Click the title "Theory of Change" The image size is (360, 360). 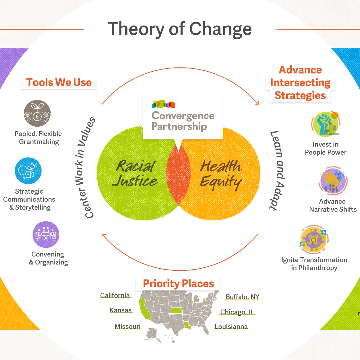pos(180,29)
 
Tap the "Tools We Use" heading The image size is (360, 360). pos(59,82)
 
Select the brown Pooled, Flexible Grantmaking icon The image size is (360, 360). pos(37,113)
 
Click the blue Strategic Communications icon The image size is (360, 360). pos(28,171)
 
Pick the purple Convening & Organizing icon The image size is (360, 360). pos(46,235)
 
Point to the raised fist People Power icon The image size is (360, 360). pos(326,124)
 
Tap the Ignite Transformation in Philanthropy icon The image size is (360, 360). pos(314,239)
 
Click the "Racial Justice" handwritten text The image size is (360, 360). pos(135,173)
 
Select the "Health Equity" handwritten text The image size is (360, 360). pos(221,174)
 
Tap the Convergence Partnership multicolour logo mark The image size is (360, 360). pos(163,104)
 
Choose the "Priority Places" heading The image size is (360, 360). pos(178,283)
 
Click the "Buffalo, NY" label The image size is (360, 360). pos(242,297)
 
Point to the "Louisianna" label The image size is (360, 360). pos(231,327)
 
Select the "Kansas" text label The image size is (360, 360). pos(121,310)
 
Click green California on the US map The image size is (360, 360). pos(145,309)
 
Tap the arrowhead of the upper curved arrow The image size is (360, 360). pos(257,103)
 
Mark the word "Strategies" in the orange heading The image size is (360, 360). pos(300,95)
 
